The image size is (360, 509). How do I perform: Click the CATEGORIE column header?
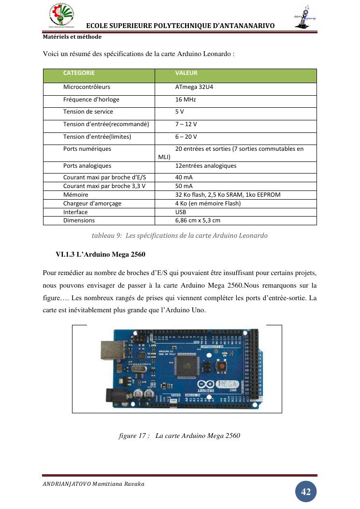coord(79,73)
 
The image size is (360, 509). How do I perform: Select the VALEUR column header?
coord(186,73)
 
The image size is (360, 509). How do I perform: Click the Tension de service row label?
coord(88,112)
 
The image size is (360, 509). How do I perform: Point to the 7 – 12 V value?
coord(186,124)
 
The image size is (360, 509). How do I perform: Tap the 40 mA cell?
coord(184,177)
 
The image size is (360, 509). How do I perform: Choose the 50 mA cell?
coord(184,186)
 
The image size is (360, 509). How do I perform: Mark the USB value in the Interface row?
coord(181,212)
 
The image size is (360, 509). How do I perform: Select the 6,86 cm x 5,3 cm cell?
coord(198,220)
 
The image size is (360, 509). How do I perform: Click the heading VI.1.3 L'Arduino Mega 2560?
coord(101,254)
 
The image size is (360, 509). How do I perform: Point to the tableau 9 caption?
coord(179,236)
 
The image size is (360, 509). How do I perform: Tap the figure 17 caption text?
coord(179,436)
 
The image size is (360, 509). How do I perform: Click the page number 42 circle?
coord(306,492)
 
